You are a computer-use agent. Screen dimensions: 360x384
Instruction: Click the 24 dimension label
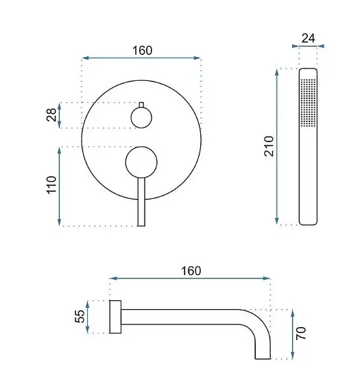(x=308, y=38)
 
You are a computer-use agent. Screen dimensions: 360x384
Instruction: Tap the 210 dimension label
(x=269, y=146)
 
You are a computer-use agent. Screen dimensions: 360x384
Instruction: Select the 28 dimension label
(x=51, y=115)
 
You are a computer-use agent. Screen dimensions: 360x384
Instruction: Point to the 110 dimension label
(x=51, y=185)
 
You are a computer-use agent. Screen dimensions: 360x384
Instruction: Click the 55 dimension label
(x=80, y=316)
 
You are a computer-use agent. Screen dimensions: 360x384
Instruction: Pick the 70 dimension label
(x=301, y=333)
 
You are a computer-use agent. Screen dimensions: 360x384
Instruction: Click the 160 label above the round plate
(x=143, y=51)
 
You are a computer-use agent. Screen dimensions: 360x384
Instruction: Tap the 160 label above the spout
(x=191, y=271)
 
